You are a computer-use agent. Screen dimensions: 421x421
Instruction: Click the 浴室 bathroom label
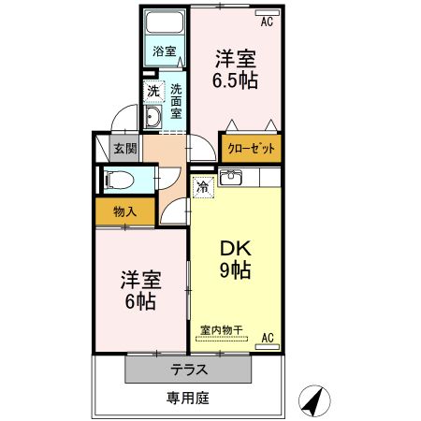point(165,51)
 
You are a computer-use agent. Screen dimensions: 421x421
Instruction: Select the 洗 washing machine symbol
point(152,91)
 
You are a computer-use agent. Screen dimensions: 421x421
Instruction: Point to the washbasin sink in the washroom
point(152,117)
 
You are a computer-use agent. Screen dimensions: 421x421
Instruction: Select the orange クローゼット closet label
point(251,148)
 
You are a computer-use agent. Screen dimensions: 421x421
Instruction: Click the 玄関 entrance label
point(125,147)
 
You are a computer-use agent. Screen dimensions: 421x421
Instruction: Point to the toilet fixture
point(118,181)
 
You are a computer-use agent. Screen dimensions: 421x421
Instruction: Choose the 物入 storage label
point(124,210)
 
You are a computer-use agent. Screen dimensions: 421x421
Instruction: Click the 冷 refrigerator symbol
point(203,186)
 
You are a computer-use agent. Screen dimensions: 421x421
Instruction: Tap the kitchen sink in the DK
point(233,178)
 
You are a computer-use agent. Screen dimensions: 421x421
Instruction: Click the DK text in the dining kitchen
point(234,250)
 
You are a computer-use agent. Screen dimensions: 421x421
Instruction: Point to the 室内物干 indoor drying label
point(221,329)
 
